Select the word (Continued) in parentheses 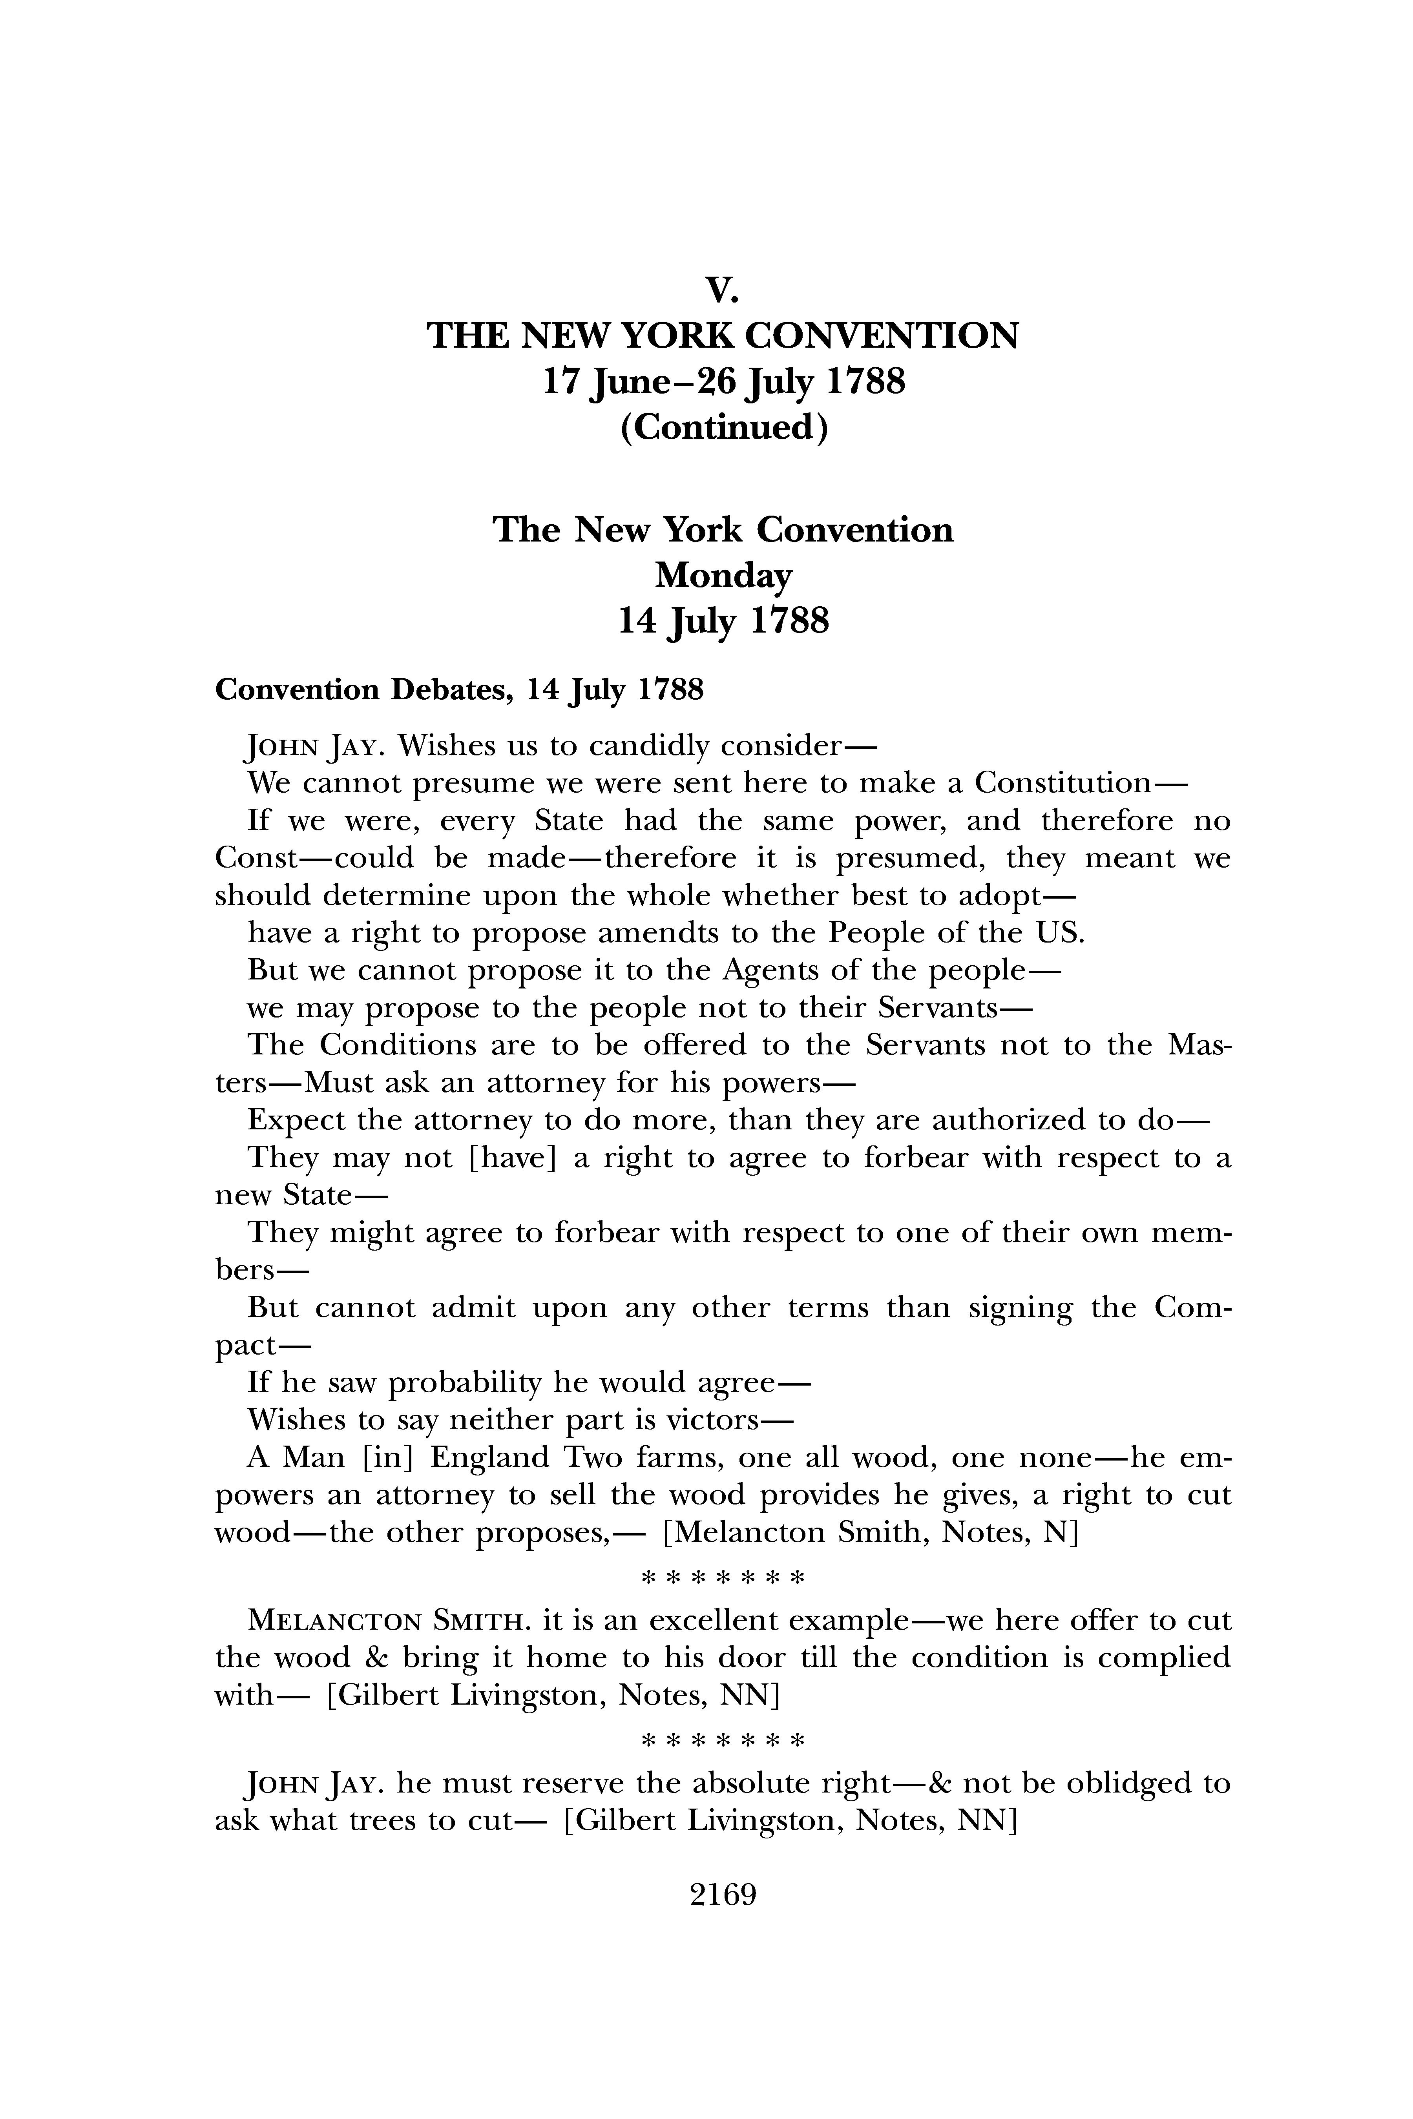[723, 427]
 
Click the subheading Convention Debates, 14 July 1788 [459, 690]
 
